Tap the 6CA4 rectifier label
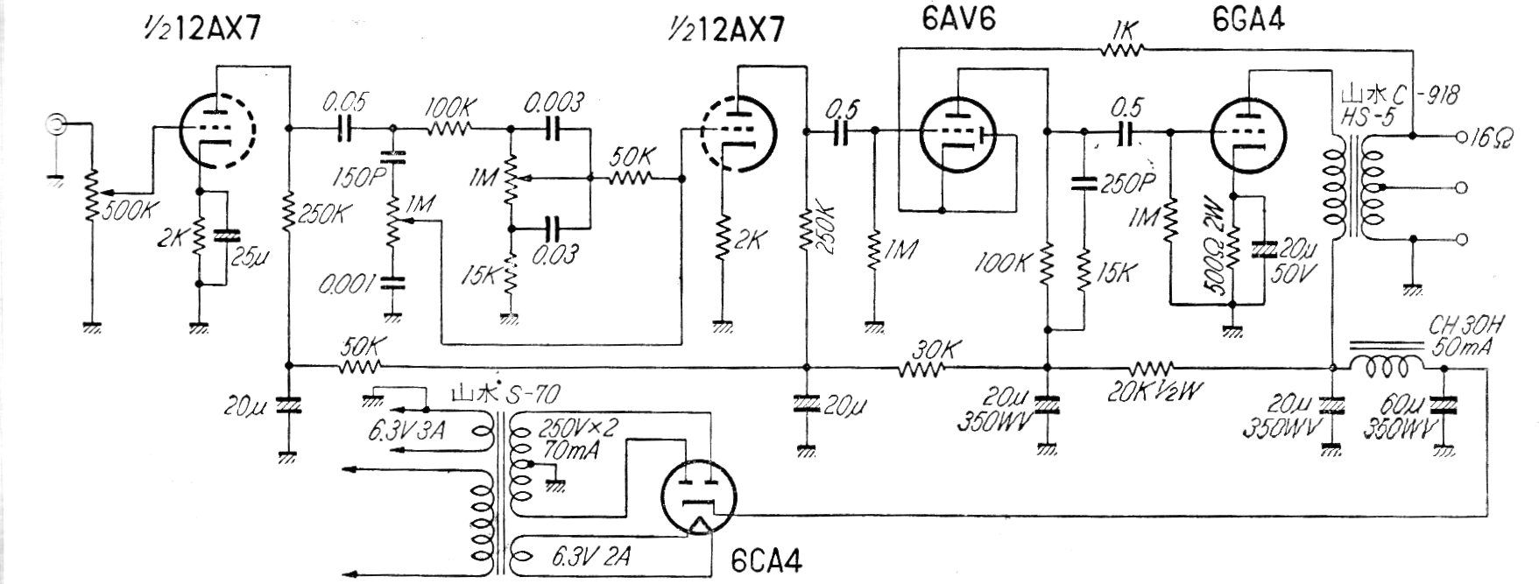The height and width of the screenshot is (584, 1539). pos(768,559)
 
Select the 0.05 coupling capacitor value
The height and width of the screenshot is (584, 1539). pos(342,103)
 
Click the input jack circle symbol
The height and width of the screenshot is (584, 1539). pos(55,125)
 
